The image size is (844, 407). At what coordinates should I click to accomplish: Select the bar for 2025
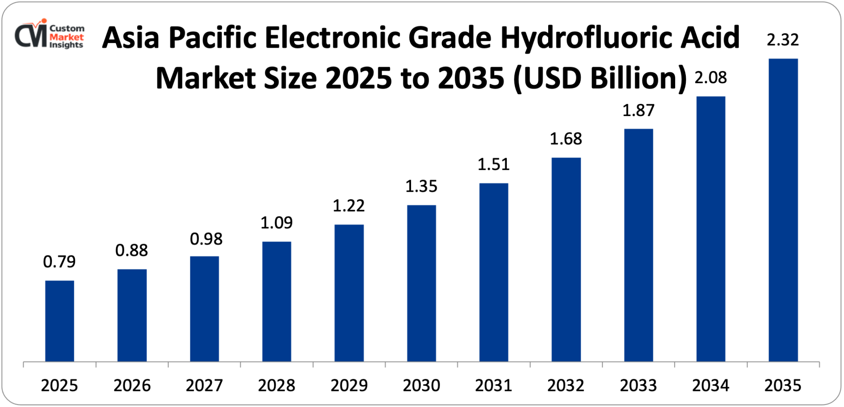(60, 321)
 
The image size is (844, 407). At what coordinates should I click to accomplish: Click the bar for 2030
(422, 283)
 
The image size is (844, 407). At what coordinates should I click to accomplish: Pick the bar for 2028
(276, 301)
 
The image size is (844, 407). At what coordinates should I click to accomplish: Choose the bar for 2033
(638, 245)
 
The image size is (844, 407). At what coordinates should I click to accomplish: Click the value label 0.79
(60, 262)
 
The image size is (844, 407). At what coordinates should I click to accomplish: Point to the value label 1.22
(349, 206)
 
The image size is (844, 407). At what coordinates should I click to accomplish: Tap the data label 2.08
(711, 78)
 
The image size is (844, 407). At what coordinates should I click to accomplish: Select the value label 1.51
(493, 164)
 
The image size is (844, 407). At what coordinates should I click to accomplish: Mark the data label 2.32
(783, 40)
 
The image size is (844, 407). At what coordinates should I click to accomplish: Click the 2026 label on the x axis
(132, 385)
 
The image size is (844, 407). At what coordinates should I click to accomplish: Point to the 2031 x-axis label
(493, 385)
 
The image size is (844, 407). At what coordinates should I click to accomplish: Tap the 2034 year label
(711, 385)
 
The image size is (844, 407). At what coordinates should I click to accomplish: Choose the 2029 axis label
(349, 385)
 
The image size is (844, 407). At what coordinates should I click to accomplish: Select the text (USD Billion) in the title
(601, 78)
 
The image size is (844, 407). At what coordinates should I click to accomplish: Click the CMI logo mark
(30, 35)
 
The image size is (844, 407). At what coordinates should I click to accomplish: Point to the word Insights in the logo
(66, 45)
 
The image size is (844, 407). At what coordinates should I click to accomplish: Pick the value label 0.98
(206, 239)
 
